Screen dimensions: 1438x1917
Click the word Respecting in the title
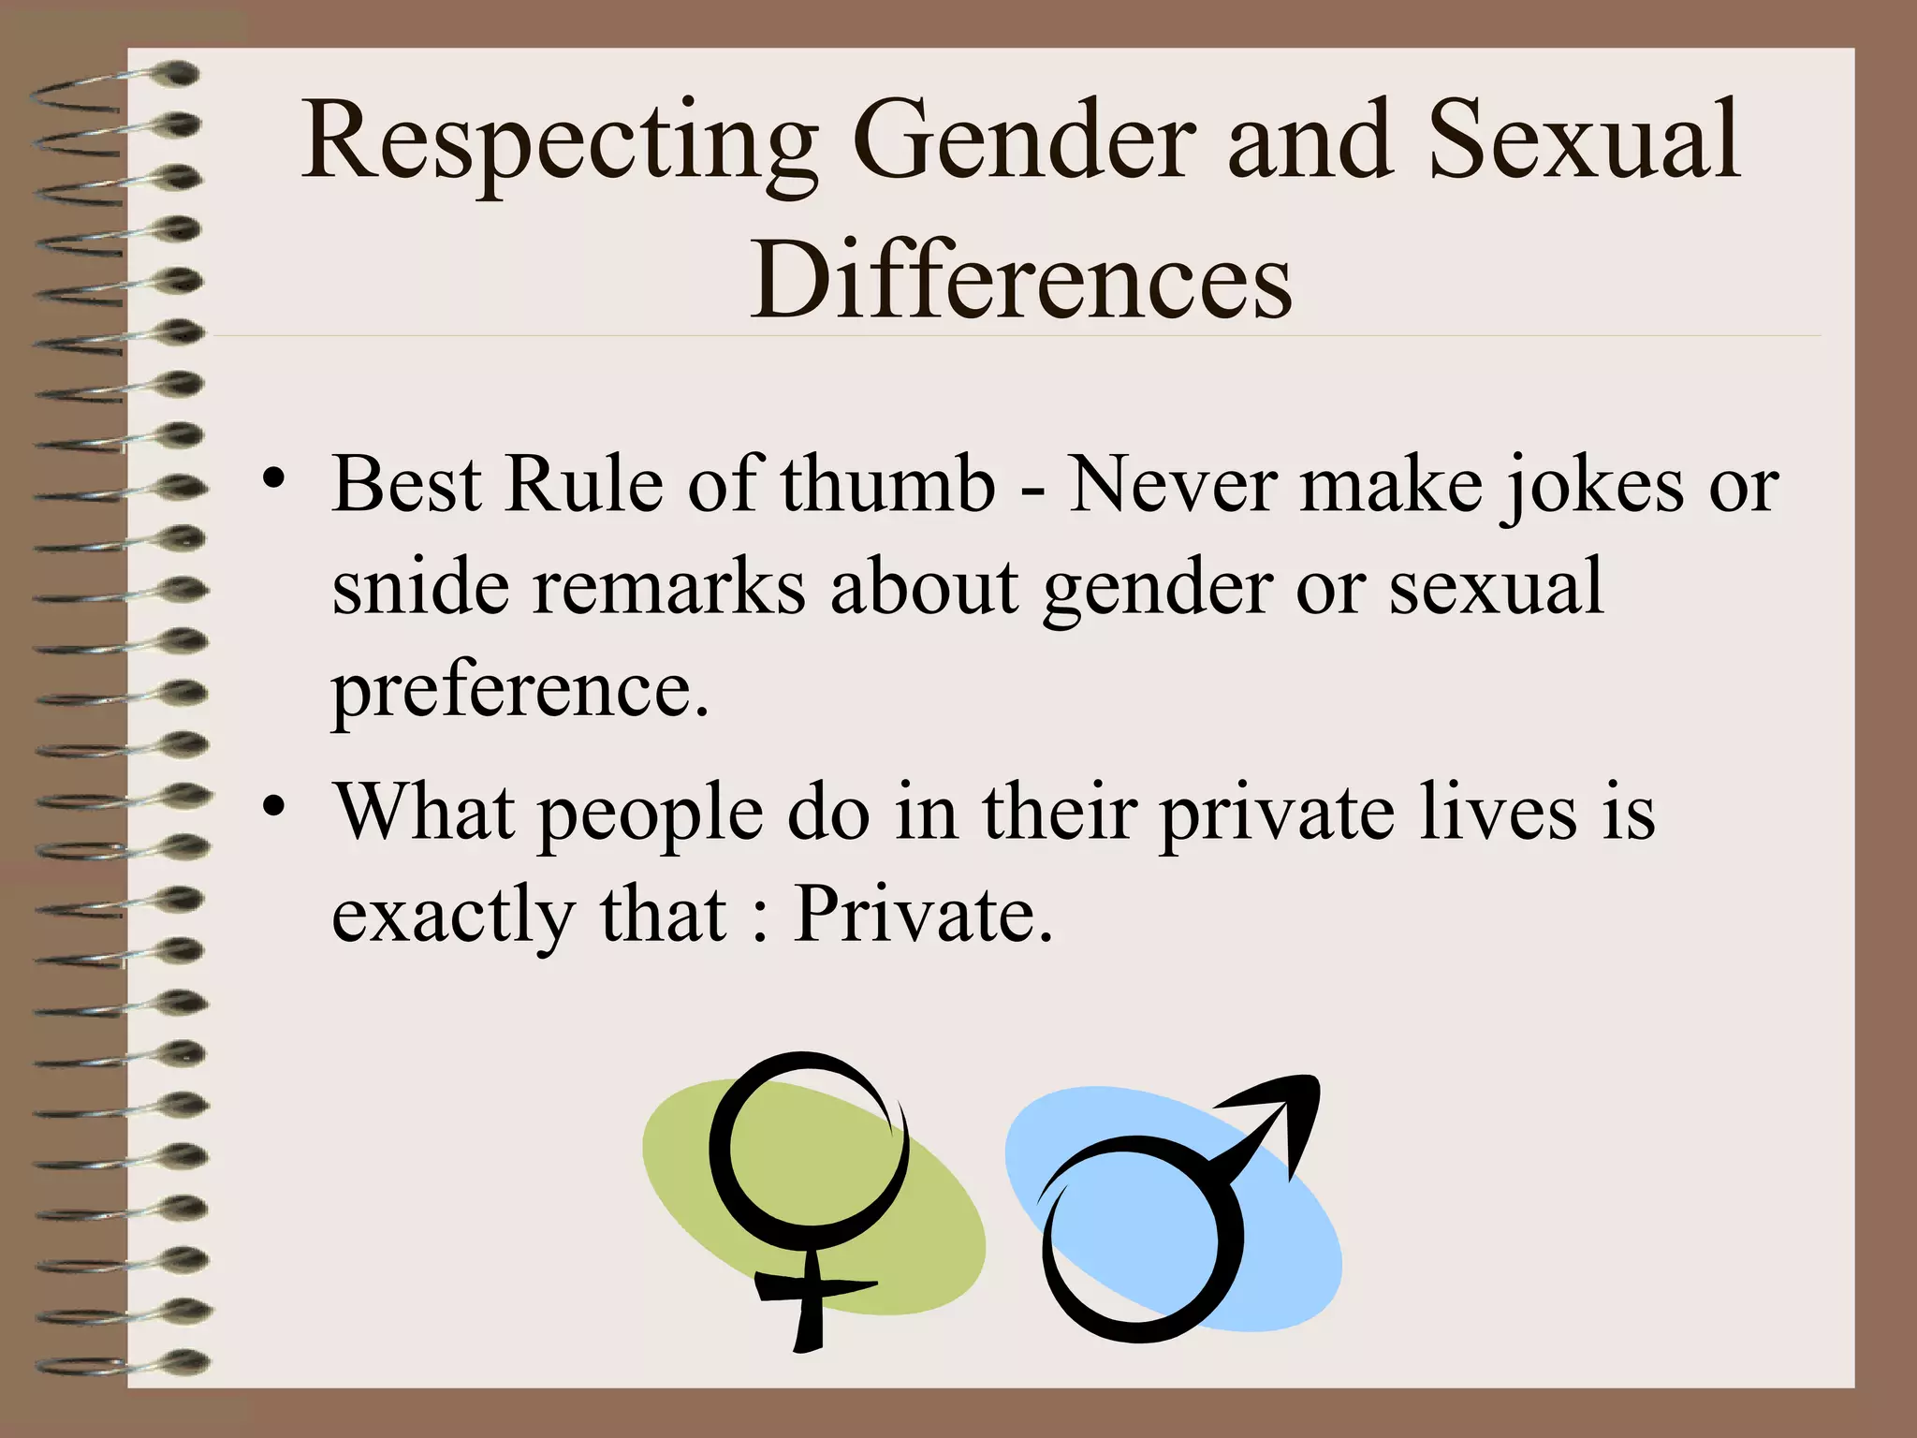pos(559,143)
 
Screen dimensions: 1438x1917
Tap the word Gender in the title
pos(1025,143)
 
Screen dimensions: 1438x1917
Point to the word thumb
pos(888,485)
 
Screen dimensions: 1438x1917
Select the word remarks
pos(669,588)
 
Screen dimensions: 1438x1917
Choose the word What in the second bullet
pos(426,811)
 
